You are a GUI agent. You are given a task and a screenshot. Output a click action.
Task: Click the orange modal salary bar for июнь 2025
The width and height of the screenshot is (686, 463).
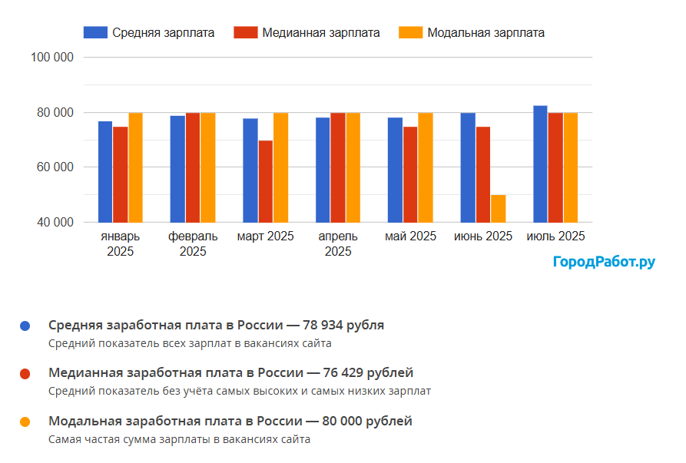pos(498,208)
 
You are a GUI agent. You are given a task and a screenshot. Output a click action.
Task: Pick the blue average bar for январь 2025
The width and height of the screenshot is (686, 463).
pos(105,171)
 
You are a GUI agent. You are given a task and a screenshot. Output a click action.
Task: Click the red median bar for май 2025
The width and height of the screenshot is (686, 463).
pos(410,174)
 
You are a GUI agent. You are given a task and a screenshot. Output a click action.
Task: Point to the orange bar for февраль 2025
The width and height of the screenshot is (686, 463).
pos(207,167)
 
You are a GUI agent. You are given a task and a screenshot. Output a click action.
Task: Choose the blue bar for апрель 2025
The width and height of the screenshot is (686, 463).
pos(323,170)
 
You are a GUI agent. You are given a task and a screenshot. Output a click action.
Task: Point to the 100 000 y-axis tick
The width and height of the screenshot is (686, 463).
pos(52,58)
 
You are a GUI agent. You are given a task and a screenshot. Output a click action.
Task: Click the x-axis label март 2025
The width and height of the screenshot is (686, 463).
pos(265,236)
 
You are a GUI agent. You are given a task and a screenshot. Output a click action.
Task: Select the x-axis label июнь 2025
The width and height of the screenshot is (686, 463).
pos(483,236)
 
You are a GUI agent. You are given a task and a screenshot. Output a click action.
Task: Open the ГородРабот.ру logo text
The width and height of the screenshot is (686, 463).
pos(604,263)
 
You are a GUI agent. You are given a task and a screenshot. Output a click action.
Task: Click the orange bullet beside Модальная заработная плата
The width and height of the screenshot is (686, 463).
pos(25,422)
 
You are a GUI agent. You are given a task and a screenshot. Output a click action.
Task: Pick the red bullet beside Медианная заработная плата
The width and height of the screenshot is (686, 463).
pos(25,374)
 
